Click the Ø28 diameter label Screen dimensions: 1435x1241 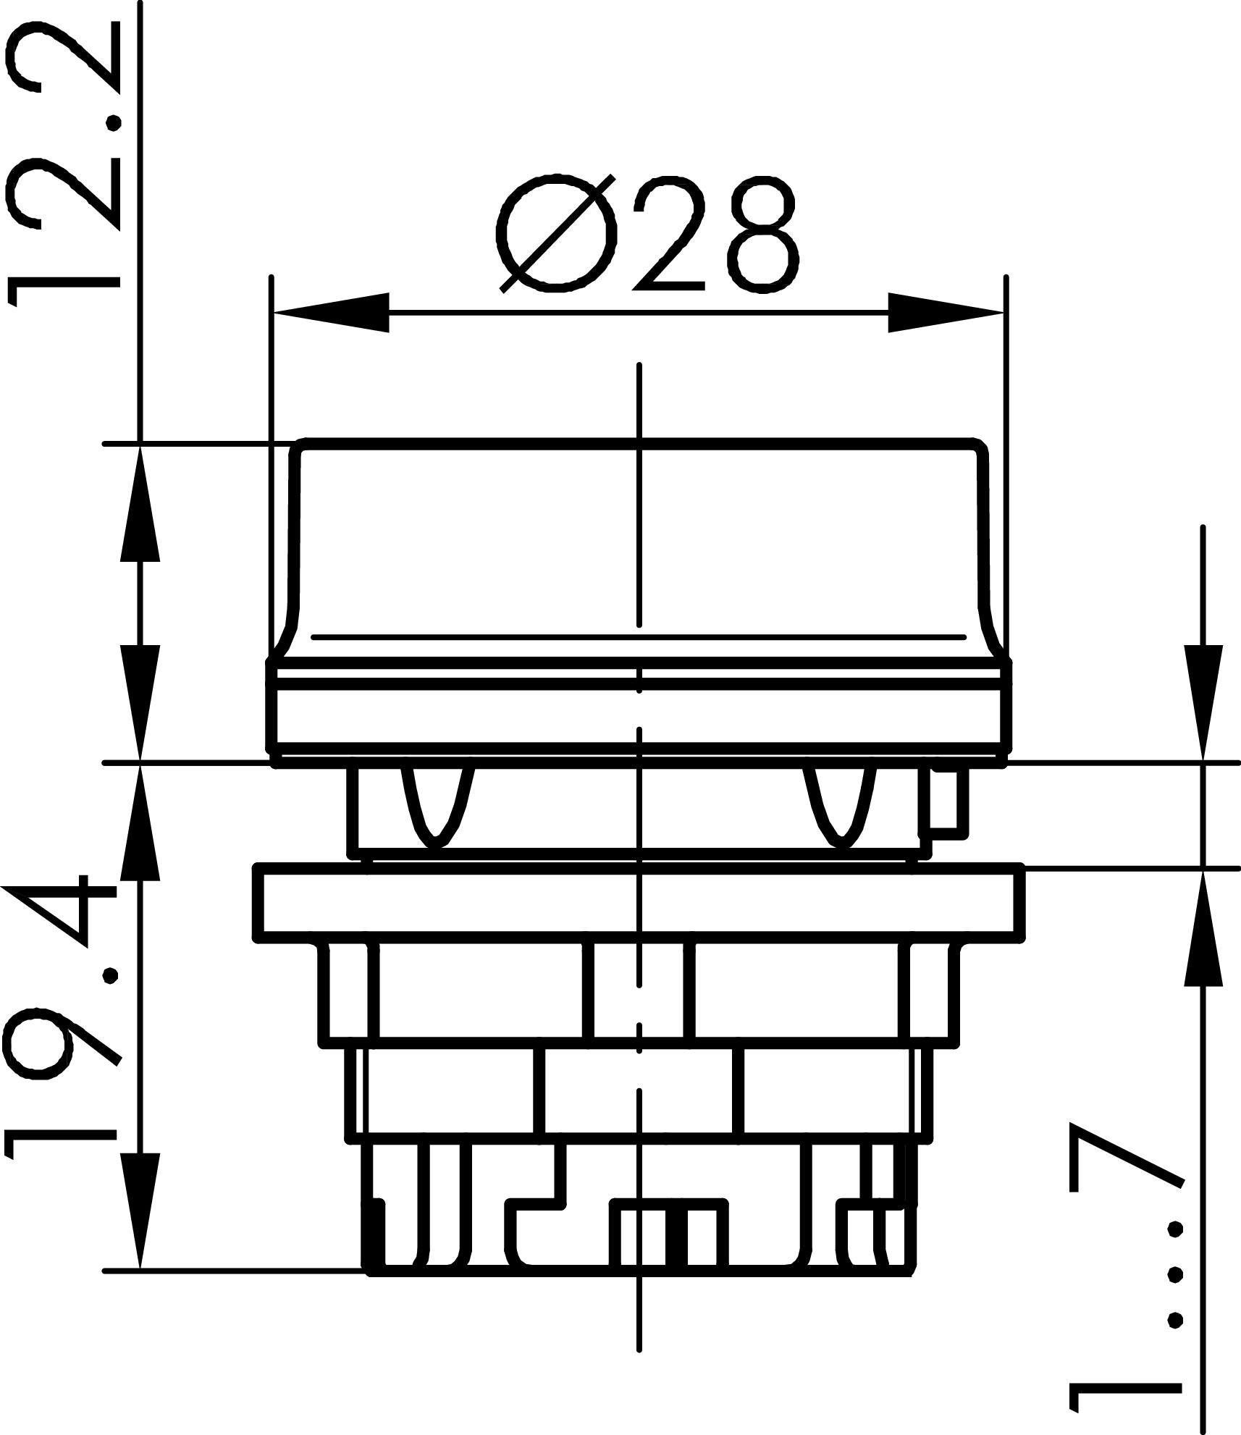tap(648, 233)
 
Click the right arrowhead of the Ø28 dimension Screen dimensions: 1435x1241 tap(945, 312)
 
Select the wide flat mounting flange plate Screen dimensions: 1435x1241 tap(640, 902)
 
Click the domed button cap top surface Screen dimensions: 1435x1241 tap(640, 536)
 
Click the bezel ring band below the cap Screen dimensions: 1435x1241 tap(640, 717)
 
